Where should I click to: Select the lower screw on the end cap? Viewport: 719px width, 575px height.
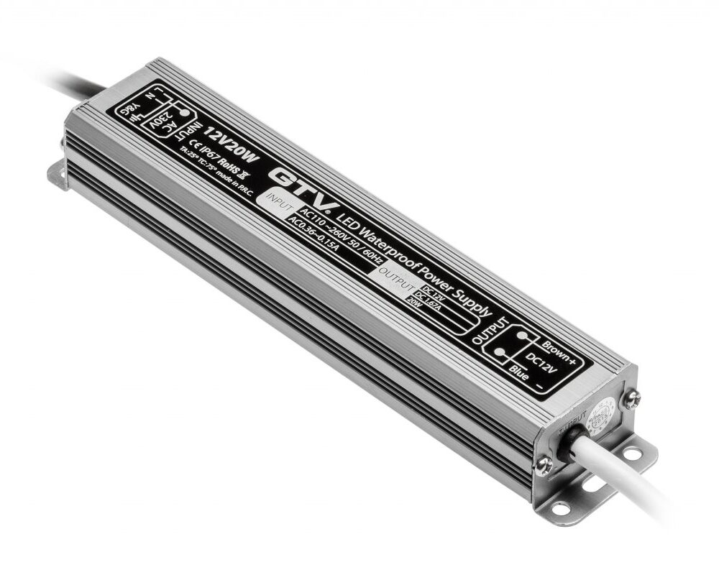point(544,465)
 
